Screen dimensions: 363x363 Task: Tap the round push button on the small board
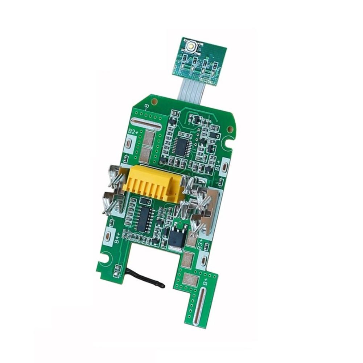pos(191,46)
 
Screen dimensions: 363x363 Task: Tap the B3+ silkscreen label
pos(199,247)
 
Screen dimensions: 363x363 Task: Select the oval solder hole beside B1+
pos(224,167)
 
